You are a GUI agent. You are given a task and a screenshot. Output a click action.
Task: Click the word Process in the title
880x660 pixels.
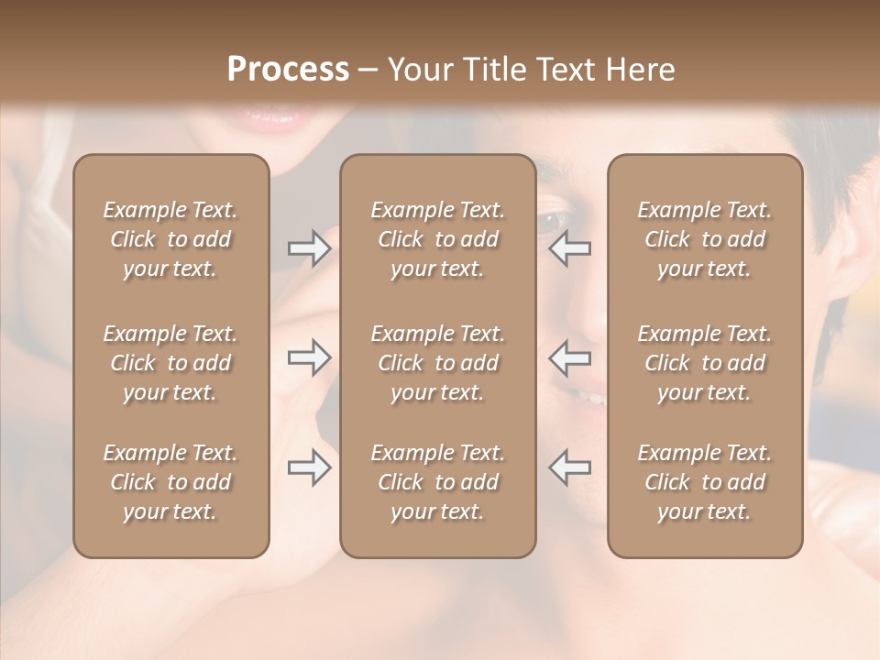point(288,70)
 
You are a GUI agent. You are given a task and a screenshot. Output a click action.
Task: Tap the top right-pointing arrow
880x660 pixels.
point(310,248)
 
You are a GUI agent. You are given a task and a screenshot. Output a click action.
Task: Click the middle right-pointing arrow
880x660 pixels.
point(310,357)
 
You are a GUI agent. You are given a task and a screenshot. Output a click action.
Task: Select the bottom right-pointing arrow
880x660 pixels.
point(310,467)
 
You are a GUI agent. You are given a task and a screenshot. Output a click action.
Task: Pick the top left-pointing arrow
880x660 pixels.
point(569,248)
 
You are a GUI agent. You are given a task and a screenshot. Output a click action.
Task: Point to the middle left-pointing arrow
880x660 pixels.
point(569,357)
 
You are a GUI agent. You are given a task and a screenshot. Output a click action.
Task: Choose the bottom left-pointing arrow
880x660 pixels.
point(569,467)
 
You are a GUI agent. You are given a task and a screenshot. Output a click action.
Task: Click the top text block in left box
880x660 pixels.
point(170,239)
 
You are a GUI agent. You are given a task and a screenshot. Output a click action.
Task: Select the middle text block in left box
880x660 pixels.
point(170,363)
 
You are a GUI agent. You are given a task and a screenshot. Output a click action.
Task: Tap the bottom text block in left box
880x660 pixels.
point(170,482)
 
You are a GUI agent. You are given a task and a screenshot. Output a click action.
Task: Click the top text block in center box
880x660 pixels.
point(437,239)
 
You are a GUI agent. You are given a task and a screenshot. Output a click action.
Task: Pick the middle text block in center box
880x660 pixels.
point(437,363)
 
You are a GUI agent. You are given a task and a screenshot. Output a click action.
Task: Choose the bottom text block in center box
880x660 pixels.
point(437,482)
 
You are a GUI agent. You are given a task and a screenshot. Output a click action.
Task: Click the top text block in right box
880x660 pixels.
point(704,239)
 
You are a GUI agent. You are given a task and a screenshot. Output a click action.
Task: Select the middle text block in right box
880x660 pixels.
point(704,363)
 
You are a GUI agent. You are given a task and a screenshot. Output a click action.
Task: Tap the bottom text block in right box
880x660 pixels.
point(704,482)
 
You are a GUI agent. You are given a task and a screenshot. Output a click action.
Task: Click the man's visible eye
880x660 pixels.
point(552,221)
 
